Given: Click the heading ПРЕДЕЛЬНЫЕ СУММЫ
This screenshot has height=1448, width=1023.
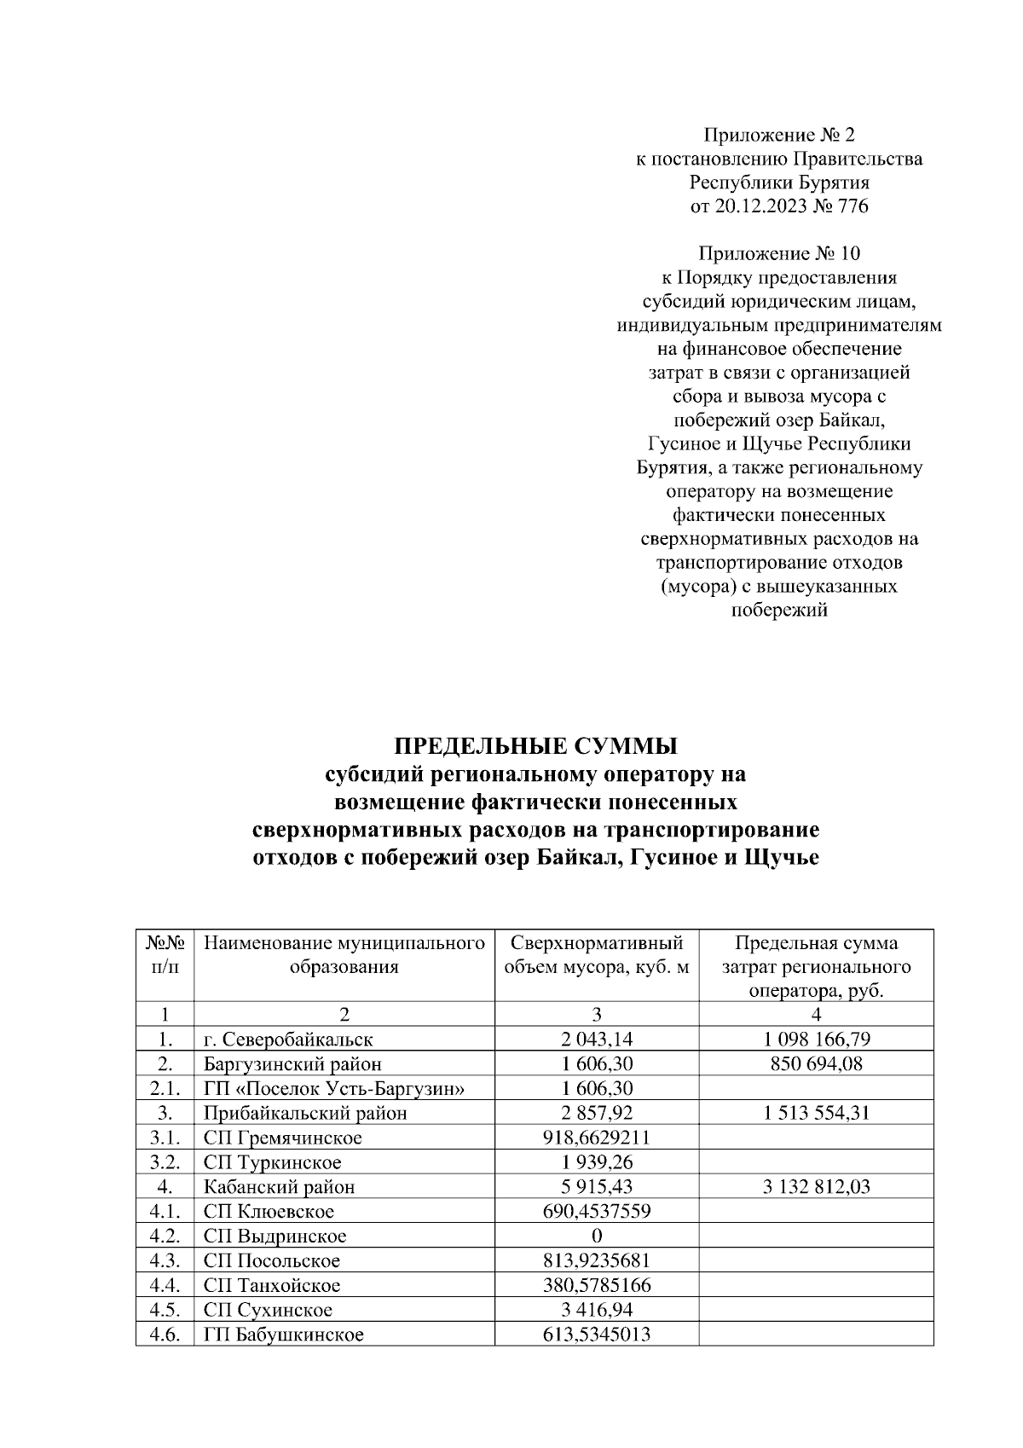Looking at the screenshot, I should pyautogui.click(x=535, y=746).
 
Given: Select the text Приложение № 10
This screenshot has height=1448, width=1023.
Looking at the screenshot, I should pyautogui.click(x=779, y=254).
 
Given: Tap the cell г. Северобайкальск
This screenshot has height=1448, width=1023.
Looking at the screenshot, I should pyautogui.click(x=288, y=1039).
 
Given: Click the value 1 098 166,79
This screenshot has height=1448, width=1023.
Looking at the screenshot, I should pyautogui.click(x=816, y=1039).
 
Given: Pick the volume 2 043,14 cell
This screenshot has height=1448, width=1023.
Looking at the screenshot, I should pyautogui.click(x=597, y=1039).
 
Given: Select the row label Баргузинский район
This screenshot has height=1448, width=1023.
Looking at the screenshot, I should pyautogui.click(x=292, y=1063).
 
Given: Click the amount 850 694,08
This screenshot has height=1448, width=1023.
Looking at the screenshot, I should pyautogui.click(x=816, y=1063).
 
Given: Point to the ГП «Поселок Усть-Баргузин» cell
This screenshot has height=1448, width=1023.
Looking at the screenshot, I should pyautogui.click(x=334, y=1088).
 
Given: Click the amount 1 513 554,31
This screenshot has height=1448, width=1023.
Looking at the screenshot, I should pyautogui.click(x=816, y=1113).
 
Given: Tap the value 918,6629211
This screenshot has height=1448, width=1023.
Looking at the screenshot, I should pyautogui.click(x=597, y=1138).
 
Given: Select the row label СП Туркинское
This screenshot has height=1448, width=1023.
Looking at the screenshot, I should pyautogui.click(x=272, y=1162).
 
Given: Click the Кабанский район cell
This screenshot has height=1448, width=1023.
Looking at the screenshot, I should pyautogui.click(x=279, y=1187).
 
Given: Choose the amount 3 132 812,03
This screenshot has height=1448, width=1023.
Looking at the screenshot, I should pyautogui.click(x=816, y=1187).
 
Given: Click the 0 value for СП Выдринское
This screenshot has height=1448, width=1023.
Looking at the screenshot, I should pyautogui.click(x=597, y=1237).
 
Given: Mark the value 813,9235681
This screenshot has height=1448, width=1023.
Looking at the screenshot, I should pyautogui.click(x=597, y=1261).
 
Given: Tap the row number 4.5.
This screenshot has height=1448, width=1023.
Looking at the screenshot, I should pyautogui.click(x=164, y=1311).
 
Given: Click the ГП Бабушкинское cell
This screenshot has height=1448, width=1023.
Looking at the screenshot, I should pyautogui.click(x=283, y=1335).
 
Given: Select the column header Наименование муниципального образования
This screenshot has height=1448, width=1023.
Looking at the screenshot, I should pyautogui.click(x=344, y=955).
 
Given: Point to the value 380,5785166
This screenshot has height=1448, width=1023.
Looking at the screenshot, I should pyautogui.click(x=597, y=1286).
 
